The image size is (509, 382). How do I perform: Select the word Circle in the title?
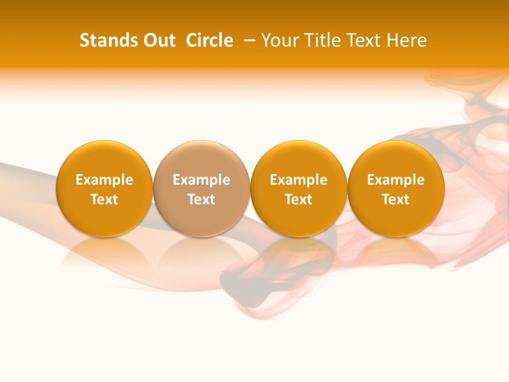click(209, 40)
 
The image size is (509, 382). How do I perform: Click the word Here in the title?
click(407, 40)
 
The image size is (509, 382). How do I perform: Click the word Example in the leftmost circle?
click(104, 180)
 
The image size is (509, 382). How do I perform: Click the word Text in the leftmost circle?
click(104, 199)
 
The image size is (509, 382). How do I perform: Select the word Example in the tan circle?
click(201, 180)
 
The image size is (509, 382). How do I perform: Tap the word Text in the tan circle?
click(201, 199)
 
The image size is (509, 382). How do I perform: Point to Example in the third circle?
click(299, 180)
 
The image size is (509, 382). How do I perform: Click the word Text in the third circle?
click(299, 199)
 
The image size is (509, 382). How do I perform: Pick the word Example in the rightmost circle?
click(396, 180)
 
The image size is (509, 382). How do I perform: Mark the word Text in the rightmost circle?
click(396, 199)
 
